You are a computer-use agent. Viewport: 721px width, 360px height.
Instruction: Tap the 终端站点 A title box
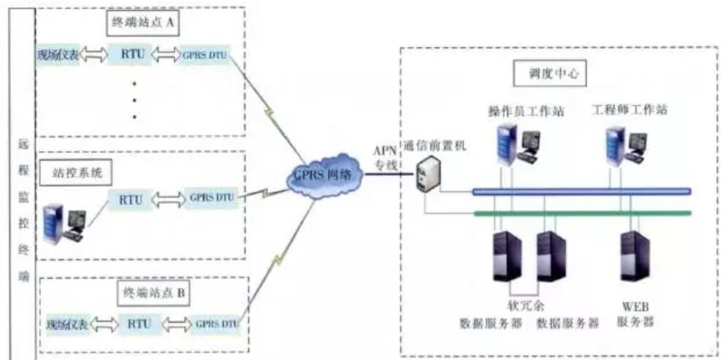(144, 22)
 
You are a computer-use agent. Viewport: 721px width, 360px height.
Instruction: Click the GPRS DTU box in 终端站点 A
(205, 55)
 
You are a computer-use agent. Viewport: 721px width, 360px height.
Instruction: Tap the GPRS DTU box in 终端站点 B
(215, 323)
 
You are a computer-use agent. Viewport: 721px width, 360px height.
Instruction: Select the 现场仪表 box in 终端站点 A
(58, 55)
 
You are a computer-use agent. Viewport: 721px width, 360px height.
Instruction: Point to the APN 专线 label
(385, 158)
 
